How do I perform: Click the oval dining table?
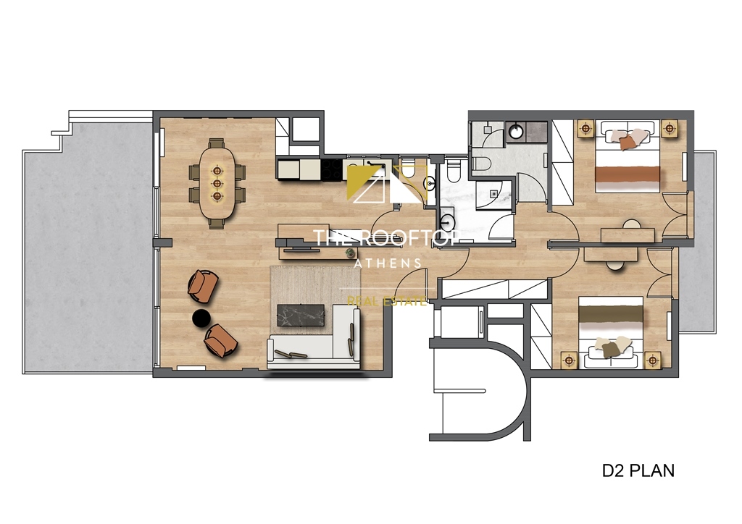click(x=217, y=183)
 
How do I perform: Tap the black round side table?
click(x=201, y=318)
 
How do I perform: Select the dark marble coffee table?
click(x=301, y=316)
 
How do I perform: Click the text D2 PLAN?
click(x=638, y=470)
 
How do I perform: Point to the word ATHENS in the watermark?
click(x=388, y=263)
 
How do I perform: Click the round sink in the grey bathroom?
click(x=514, y=131)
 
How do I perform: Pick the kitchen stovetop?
click(x=333, y=169)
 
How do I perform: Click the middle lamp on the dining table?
click(x=217, y=183)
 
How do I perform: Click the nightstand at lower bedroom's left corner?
click(x=569, y=360)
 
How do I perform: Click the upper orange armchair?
click(x=203, y=285)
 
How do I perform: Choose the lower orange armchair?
click(x=220, y=339)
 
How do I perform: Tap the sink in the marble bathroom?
click(x=448, y=222)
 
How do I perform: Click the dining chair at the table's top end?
click(x=217, y=143)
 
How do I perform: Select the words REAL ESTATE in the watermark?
click(x=387, y=300)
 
